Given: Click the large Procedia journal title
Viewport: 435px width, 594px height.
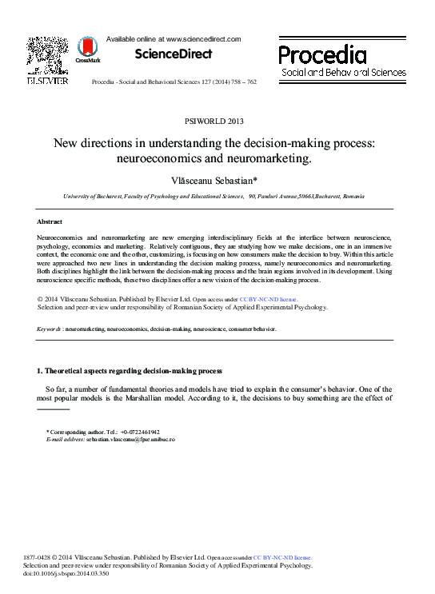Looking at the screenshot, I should tap(322, 54).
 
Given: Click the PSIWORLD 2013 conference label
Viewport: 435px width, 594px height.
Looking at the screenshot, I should tap(214, 122).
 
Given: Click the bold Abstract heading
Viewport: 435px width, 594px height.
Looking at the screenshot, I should tap(50, 221).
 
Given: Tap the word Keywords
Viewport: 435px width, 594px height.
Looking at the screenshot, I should tap(49, 329).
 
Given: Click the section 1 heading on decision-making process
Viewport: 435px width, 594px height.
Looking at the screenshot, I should tap(130, 371).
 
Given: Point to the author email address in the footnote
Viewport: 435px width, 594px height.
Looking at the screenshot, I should tap(132, 440).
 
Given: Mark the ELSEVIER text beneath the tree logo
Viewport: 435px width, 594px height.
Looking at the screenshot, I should tap(47, 81).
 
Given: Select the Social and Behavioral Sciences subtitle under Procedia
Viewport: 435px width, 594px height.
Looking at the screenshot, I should tap(343, 72).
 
